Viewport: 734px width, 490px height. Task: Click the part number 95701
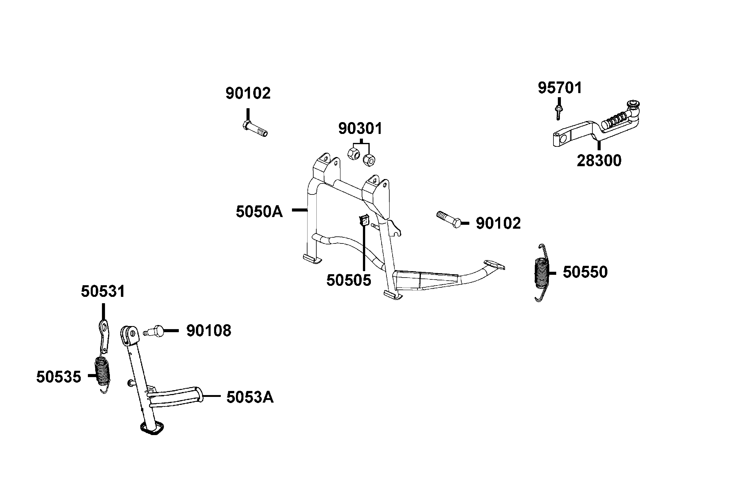click(560, 88)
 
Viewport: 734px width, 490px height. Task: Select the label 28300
click(599, 161)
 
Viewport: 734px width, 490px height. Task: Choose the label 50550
click(585, 272)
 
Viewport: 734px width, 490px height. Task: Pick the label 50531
click(103, 292)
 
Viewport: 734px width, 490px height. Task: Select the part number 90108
click(209, 331)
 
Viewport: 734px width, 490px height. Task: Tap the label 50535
click(59, 377)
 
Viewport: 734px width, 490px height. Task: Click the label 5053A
click(250, 398)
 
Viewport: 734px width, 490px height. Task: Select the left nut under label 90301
click(354, 154)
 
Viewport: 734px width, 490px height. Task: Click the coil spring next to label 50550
click(542, 273)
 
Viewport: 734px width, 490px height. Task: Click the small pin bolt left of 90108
click(153, 331)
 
